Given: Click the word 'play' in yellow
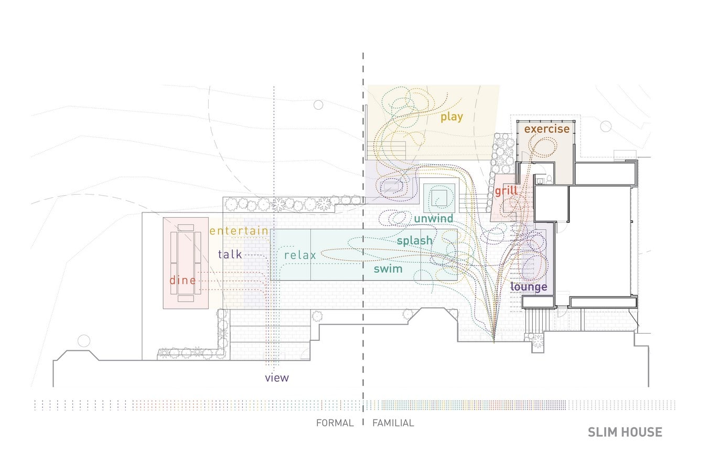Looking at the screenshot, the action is point(452,117).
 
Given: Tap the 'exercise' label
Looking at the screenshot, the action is point(547,129).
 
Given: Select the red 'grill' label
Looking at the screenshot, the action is point(506,191).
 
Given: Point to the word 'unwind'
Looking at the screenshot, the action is point(434,219).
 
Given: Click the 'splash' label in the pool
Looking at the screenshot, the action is point(415,241).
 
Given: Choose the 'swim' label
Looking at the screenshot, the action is point(388,269).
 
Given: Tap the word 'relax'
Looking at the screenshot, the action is point(300,255).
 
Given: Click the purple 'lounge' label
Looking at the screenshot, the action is point(529,287).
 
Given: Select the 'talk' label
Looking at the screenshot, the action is point(230,254).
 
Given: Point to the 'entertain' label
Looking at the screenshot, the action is point(239,231).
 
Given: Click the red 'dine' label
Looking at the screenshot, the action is point(183,280).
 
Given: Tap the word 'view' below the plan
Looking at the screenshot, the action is point(277,378).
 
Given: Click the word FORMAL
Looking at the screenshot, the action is point(335,423).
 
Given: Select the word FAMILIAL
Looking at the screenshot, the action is point(393,423).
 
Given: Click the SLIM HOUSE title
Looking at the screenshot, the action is point(625,433).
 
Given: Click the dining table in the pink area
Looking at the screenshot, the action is point(186,263).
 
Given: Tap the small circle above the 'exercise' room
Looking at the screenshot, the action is point(606,126).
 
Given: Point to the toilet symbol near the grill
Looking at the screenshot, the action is point(549,179).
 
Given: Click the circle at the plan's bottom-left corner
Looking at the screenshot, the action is point(84,341).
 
